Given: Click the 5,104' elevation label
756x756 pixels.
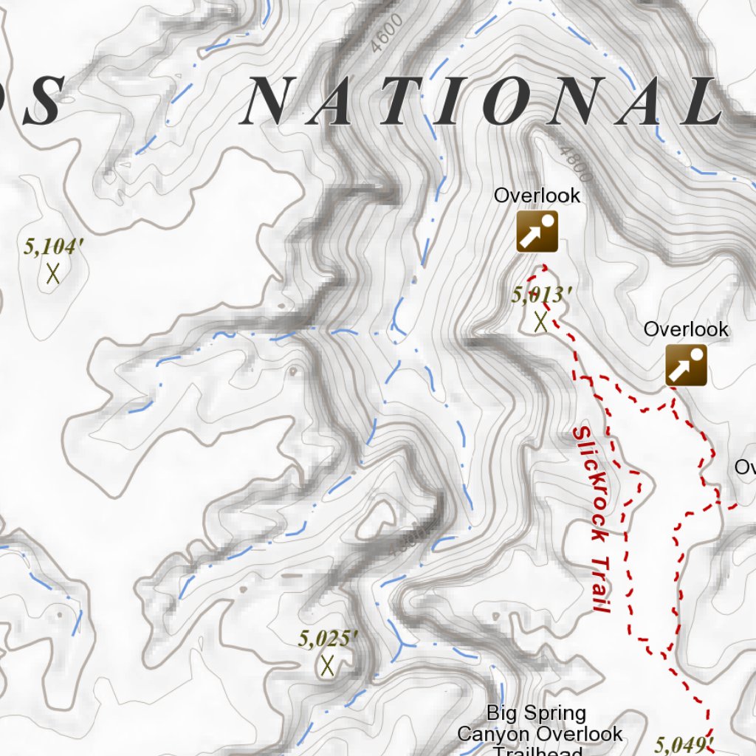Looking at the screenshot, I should [x=50, y=247].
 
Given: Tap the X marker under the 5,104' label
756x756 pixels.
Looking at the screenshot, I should [x=52, y=274].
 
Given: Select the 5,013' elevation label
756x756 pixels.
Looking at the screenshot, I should [x=542, y=295].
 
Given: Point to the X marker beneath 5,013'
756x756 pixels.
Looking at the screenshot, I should [x=540, y=322].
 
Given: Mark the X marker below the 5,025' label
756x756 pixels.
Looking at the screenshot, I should [x=328, y=665].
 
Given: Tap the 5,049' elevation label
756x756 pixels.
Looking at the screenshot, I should [x=685, y=743].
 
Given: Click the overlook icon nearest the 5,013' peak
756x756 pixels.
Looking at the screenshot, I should [x=537, y=232].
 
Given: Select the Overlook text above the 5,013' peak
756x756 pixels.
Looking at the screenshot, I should [x=537, y=196].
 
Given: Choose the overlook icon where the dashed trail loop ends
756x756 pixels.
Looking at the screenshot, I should [x=686, y=365].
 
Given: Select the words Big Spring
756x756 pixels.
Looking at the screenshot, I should [x=537, y=713].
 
